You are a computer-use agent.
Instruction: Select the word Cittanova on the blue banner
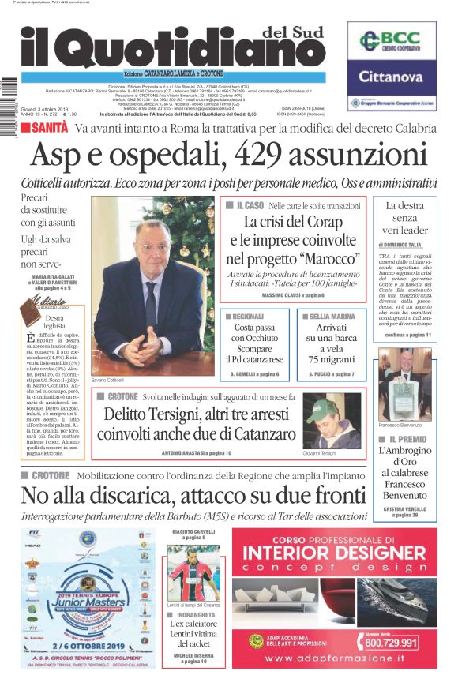pos(392,77)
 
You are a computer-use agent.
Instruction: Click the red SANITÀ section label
pos(49,127)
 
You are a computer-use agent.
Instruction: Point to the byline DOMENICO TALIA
pos(407,246)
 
